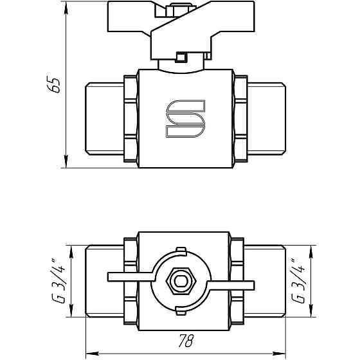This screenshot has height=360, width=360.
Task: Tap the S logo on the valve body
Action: pyautogui.click(x=185, y=119)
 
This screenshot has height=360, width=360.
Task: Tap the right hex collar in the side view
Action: pyautogui.click(x=240, y=119)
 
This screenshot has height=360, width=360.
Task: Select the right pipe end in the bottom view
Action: pyautogui.click(x=265, y=281)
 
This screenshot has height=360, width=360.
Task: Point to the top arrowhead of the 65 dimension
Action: pyautogui.click(x=67, y=14)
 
